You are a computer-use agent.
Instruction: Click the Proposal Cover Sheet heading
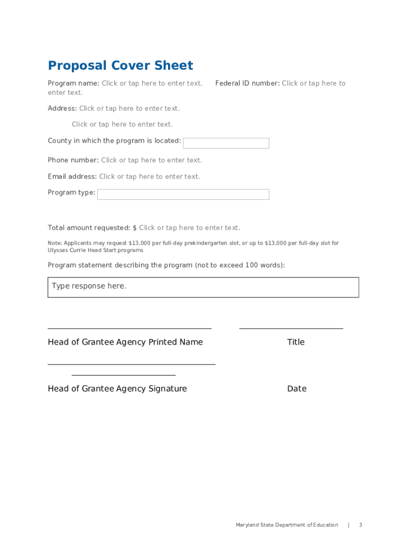(121, 66)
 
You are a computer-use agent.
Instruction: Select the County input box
(226, 143)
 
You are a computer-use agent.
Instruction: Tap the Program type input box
(183, 194)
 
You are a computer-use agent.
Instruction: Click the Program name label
(73, 83)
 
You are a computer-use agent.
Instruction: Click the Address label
(62, 108)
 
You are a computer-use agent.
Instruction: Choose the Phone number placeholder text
(151, 160)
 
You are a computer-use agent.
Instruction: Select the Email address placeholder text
(150, 176)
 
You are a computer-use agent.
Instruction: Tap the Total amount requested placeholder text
(189, 228)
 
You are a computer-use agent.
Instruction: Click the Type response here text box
(203, 287)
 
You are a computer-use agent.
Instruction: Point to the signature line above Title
(291, 329)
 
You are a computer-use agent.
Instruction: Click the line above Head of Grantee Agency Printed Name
(129, 329)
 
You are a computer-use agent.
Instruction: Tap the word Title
(295, 342)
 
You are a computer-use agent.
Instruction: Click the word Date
(297, 389)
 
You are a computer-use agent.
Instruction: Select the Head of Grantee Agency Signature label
(117, 389)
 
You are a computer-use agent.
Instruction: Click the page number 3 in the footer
(360, 525)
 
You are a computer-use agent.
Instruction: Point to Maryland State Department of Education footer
(286, 525)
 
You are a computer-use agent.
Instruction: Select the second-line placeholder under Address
(122, 124)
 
